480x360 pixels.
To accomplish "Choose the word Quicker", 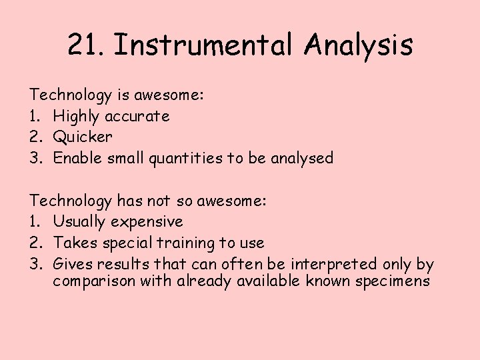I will point(83,137).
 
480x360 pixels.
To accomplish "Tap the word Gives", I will point(71,263).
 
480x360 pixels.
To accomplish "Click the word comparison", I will point(94,281).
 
